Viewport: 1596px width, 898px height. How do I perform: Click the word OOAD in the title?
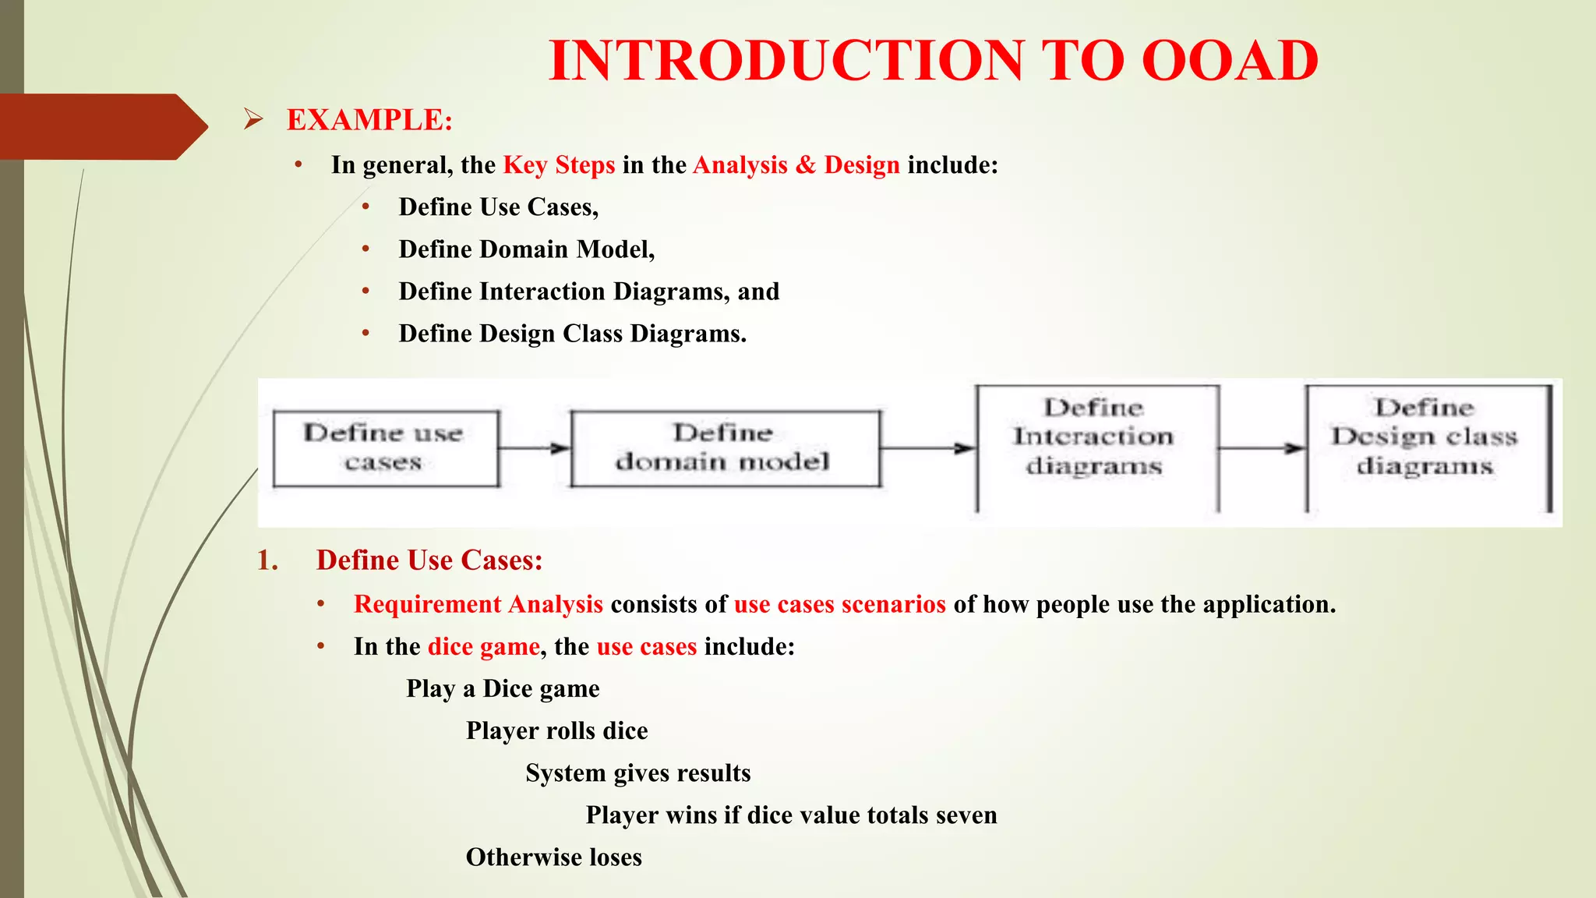(x=1229, y=61)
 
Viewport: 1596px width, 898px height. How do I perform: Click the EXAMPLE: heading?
(x=369, y=120)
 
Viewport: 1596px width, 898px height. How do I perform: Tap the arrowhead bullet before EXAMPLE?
(x=252, y=119)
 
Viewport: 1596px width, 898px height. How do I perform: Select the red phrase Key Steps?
(x=559, y=165)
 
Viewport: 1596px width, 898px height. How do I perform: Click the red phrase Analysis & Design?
(x=796, y=165)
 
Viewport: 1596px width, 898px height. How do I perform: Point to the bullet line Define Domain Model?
(x=526, y=249)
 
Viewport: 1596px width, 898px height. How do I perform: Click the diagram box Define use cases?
(x=385, y=448)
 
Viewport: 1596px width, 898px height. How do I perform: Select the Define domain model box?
(x=725, y=448)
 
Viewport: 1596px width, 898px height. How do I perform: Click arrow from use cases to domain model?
(x=535, y=448)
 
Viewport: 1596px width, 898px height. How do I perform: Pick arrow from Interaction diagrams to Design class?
(x=1261, y=448)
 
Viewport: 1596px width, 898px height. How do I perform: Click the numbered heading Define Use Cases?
(x=429, y=560)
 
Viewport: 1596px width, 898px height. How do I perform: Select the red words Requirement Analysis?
(x=478, y=605)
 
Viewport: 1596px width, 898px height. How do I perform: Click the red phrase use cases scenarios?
(x=839, y=605)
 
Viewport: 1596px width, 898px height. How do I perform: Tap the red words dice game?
(x=483, y=647)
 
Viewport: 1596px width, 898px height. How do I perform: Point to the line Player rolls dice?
(x=556, y=731)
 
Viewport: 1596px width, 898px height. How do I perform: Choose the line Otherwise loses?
(x=553, y=857)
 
